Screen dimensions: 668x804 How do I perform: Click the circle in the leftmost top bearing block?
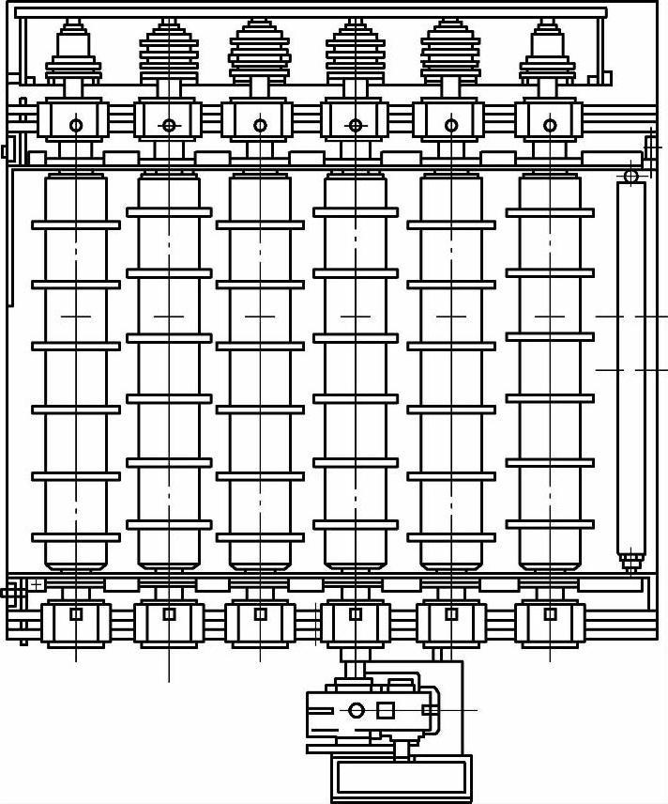(76, 125)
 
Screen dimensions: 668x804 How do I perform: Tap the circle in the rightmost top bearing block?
(550, 125)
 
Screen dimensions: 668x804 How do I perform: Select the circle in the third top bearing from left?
(260, 125)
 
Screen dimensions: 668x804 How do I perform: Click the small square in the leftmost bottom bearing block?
(76, 614)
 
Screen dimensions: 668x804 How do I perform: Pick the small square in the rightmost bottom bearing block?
(550, 614)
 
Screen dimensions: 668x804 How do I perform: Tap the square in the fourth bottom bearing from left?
(356, 614)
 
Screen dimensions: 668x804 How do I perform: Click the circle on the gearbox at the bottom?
(357, 710)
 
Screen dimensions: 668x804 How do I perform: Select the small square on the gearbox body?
(385, 710)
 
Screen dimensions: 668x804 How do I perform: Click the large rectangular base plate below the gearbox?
(402, 778)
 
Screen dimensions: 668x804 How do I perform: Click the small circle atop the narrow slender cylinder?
(631, 176)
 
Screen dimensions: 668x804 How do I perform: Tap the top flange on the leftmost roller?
(76, 225)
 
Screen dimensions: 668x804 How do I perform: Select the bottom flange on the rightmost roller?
(550, 524)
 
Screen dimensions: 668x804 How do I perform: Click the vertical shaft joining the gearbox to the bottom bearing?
(354, 669)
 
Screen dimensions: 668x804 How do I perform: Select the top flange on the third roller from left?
(260, 225)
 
